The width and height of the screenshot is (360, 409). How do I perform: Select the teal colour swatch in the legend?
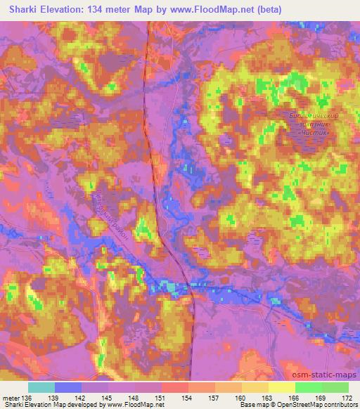pos(41,387)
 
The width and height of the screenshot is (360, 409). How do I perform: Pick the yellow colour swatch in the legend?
pos(281,387)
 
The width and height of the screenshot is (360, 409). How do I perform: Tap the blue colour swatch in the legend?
pos(68,387)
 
